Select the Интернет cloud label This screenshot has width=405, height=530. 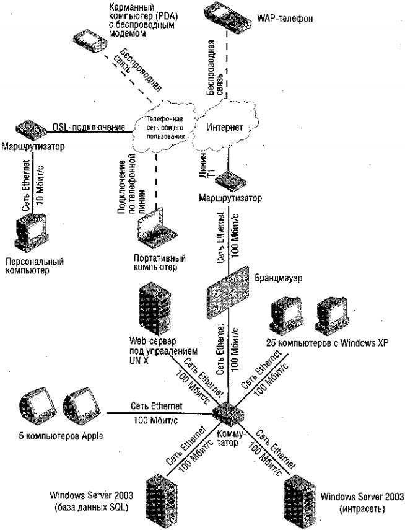click(x=225, y=128)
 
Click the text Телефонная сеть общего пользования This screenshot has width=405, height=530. click(x=165, y=128)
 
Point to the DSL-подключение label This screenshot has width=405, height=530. click(x=89, y=126)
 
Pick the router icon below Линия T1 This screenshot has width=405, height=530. click(x=230, y=181)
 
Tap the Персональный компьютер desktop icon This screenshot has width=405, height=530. click(x=32, y=232)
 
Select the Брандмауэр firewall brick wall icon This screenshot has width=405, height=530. click(x=229, y=293)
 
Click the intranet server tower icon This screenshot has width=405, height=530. click(x=299, y=501)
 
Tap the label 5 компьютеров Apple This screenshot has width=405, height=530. click(x=61, y=436)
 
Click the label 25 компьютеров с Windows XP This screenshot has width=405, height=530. click(x=327, y=343)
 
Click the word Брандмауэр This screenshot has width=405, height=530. click(x=278, y=278)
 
